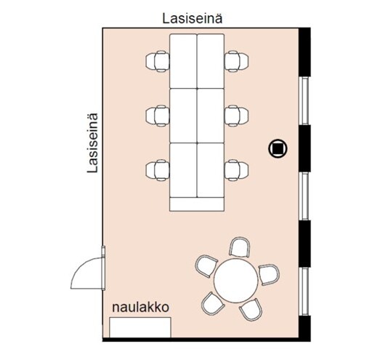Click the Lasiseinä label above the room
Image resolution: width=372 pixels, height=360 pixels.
pos(193,19)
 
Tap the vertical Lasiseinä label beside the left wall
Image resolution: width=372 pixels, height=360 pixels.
pos(93,143)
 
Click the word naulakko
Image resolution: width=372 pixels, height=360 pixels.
pos(140,308)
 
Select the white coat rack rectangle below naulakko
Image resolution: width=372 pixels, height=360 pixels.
pos(140,327)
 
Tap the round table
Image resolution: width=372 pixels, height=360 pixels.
pos(235,281)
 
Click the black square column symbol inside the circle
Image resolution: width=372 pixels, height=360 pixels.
pos(278,148)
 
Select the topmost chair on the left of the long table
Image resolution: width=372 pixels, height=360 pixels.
pos(158,61)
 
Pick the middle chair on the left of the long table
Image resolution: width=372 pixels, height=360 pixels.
pos(158,116)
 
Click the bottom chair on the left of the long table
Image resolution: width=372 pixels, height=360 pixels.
pos(158,170)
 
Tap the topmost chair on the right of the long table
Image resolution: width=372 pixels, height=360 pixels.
pos(236,61)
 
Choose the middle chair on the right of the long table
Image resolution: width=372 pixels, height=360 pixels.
pos(236,116)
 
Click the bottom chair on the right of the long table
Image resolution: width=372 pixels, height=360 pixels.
pos(236,170)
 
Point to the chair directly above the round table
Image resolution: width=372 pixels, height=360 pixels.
pos(240,247)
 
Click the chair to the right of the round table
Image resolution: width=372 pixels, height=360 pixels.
pos(269,275)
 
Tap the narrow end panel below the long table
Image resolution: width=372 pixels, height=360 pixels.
pos(197,204)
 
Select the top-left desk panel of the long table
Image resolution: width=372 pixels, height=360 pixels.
pos(183,61)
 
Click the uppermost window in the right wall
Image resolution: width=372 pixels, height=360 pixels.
pos(304,101)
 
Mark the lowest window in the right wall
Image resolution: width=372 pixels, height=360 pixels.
pos(304,292)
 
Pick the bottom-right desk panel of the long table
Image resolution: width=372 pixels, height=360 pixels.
pos(211,170)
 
